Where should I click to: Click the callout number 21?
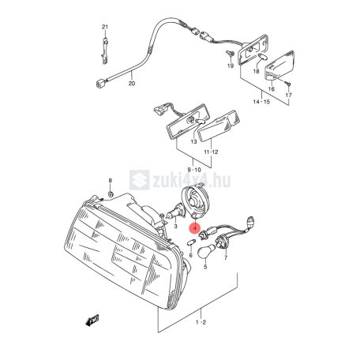pyautogui.click(x=105, y=27)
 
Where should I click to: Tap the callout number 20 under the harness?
pyautogui.click(x=132, y=84)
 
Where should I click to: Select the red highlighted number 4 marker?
pyautogui.click(x=195, y=228)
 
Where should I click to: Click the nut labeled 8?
pyautogui.click(x=111, y=194)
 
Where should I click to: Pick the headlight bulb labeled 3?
pyautogui.click(x=173, y=212)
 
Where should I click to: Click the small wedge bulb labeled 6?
pyautogui.click(x=191, y=242)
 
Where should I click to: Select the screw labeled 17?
pyautogui.click(x=288, y=84)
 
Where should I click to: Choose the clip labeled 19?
pyautogui.click(x=231, y=54)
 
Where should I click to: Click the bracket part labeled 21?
pyautogui.click(x=105, y=50)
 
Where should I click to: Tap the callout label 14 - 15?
pyautogui.click(x=261, y=102)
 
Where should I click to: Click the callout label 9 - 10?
pyautogui.click(x=194, y=170)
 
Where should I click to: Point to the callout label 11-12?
pyautogui.click(x=211, y=152)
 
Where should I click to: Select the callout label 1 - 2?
pyautogui.click(x=201, y=322)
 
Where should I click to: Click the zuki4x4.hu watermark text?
pyautogui.click(x=192, y=180)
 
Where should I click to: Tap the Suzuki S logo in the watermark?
pyautogui.click(x=140, y=180)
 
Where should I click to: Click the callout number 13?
pyautogui.click(x=193, y=142)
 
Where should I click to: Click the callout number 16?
pyautogui.click(x=271, y=89)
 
